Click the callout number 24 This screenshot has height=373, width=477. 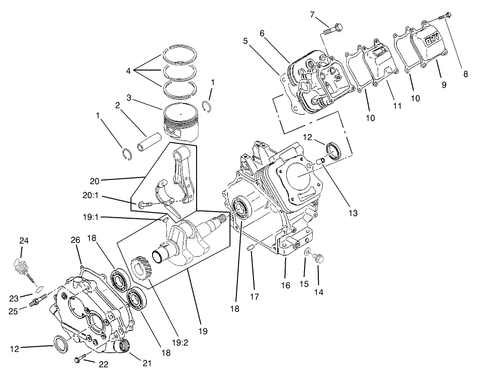[24, 241]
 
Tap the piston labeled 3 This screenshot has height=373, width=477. [180, 122]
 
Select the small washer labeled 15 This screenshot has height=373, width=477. [307, 251]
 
